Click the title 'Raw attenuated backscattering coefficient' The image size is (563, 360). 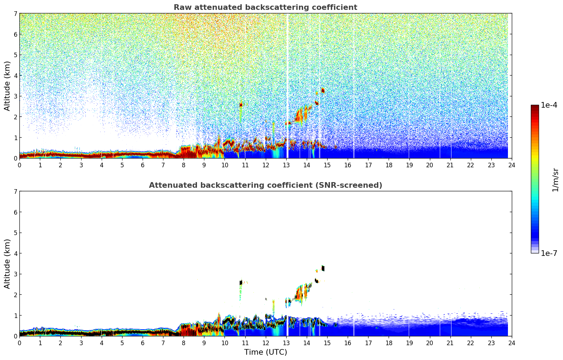coord(265,7)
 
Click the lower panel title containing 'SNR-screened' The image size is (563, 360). coord(265,185)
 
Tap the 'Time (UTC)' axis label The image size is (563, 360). coord(265,352)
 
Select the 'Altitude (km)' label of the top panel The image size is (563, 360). coord(7,86)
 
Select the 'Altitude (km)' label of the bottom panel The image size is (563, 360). coord(7,264)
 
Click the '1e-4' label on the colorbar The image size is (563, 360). coord(549,105)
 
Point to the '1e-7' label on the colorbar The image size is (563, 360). coord(549,253)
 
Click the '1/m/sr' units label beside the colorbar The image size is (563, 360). coord(555,180)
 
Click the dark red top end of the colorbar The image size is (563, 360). coord(535,107)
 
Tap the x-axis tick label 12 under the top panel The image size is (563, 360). coord(265,165)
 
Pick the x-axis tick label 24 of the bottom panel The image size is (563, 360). coord(511,343)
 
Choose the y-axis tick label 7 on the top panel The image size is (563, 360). coord(15,14)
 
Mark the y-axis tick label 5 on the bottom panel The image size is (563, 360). coord(15,233)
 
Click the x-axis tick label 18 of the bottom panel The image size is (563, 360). coord(389,343)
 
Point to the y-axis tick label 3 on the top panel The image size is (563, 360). coord(15,96)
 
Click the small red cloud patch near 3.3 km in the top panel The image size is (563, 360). coord(323,90)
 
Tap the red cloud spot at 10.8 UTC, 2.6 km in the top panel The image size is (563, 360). coord(241,104)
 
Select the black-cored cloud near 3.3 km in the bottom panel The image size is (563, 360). coord(323,269)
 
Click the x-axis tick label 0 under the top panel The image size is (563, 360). coord(19,165)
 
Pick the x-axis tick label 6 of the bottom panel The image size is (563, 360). coord(143,343)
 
